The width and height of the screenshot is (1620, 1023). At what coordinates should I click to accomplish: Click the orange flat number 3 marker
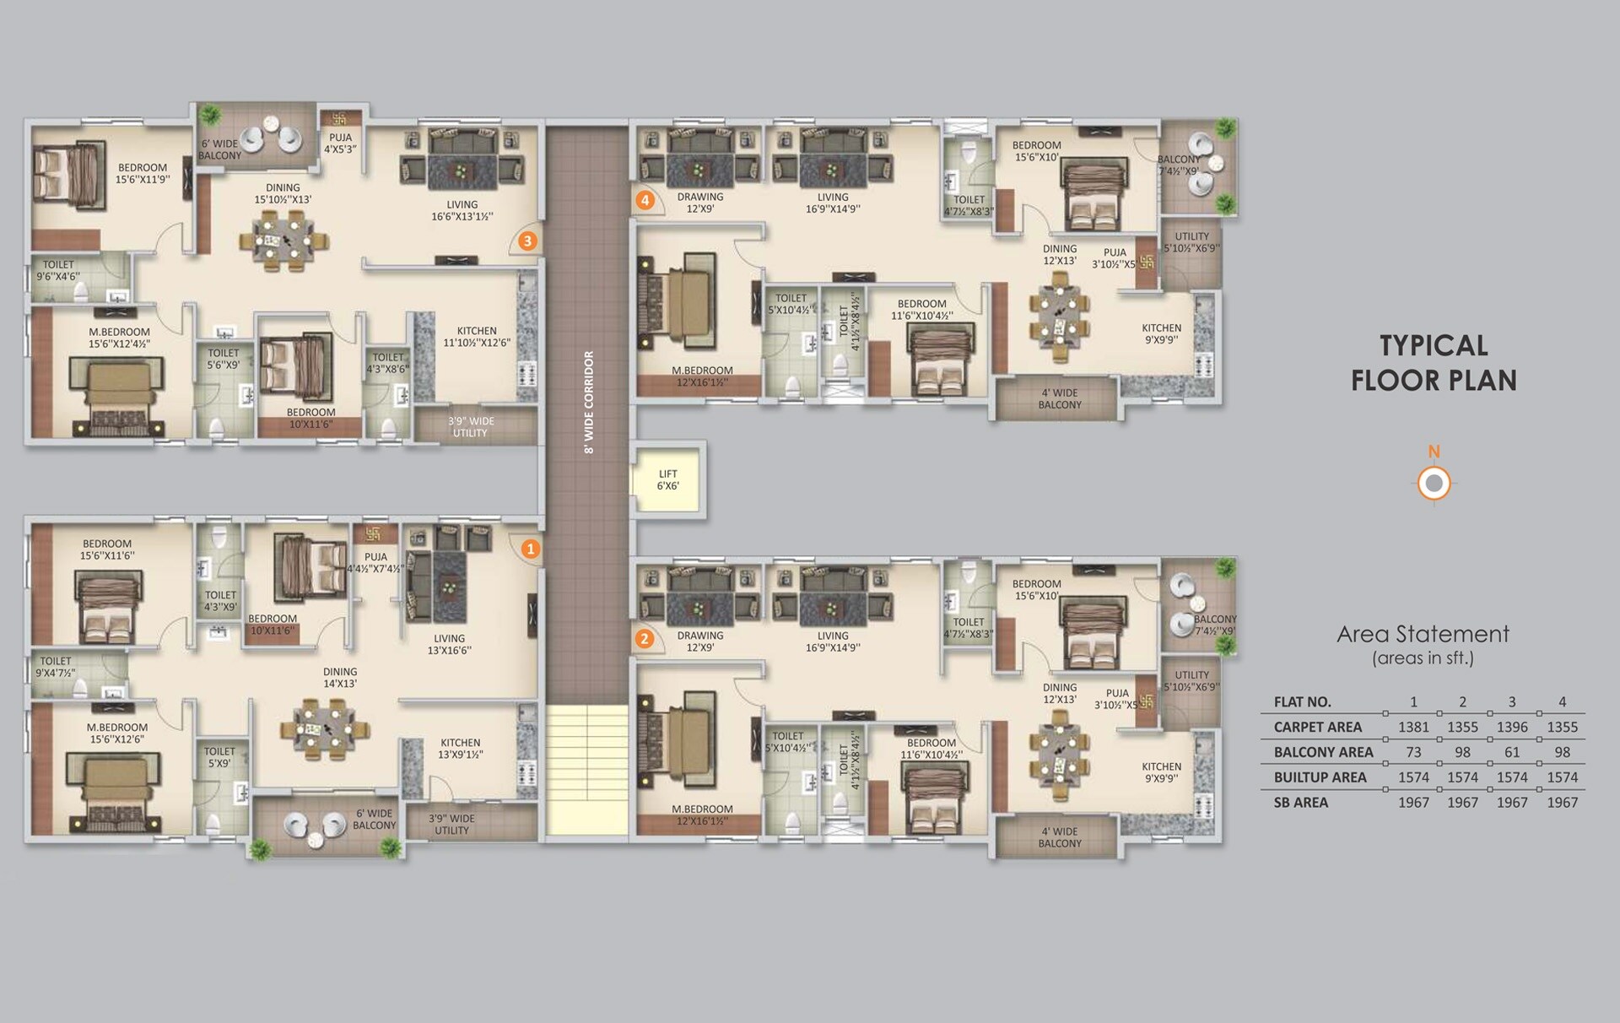click(x=527, y=241)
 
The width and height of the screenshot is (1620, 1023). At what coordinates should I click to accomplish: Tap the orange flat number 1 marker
click(x=530, y=549)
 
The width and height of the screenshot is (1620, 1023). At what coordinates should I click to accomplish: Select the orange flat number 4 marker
click(x=645, y=200)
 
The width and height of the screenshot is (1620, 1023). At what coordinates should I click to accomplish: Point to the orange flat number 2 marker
click(x=645, y=639)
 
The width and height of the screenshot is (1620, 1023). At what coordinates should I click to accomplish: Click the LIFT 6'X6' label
click(x=667, y=480)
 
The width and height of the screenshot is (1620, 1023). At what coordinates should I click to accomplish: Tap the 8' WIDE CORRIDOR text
click(x=589, y=402)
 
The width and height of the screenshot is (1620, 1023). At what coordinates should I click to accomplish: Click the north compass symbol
click(x=1434, y=484)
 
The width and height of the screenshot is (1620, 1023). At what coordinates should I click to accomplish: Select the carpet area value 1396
click(x=1512, y=727)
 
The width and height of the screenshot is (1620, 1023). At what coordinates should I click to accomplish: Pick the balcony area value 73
click(x=1413, y=752)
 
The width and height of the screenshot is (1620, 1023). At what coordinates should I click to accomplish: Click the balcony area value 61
click(x=1512, y=752)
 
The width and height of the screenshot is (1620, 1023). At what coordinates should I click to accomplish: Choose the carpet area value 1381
click(x=1413, y=727)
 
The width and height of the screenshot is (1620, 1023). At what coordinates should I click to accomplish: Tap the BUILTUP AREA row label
click(x=1320, y=777)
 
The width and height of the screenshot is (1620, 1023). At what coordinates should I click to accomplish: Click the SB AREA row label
click(x=1301, y=803)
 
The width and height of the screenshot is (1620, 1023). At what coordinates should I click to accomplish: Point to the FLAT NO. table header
click(x=1302, y=702)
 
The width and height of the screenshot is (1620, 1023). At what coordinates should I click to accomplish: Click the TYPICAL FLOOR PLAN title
click(x=1434, y=363)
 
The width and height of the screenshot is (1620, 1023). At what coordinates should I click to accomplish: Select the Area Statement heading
click(x=1423, y=634)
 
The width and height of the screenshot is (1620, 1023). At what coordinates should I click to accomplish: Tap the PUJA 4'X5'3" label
click(x=341, y=143)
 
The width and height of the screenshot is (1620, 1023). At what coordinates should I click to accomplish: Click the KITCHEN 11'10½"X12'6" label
click(x=477, y=337)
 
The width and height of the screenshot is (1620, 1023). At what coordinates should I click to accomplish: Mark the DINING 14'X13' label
click(x=340, y=678)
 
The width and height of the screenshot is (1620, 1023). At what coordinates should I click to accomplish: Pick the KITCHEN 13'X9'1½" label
click(x=461, y=749)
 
